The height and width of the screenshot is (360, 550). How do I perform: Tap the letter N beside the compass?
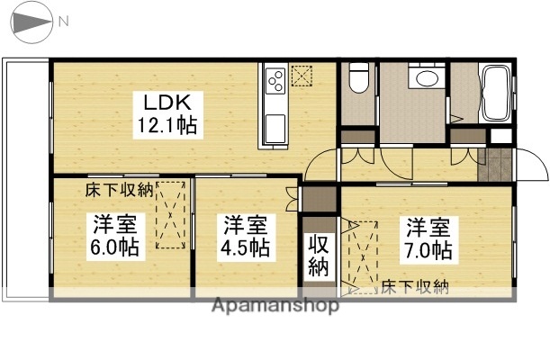point(63,20)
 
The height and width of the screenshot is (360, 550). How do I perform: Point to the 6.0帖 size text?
point(113,246)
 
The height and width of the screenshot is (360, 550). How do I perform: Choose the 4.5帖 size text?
point(246,246)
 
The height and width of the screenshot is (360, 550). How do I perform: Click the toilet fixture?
point(358,80)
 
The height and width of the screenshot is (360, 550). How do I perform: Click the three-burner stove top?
point(276,78)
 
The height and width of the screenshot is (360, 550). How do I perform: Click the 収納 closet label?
point(320,255)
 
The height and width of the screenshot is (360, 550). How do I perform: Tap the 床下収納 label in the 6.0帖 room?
point(120,190)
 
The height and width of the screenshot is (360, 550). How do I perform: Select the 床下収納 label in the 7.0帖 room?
point(414,287)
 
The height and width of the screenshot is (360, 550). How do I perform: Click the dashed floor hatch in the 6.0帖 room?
point(170,214)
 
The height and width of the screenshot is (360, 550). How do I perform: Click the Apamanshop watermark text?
point(275,306)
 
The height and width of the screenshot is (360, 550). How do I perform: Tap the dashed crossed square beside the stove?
point(304,75)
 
